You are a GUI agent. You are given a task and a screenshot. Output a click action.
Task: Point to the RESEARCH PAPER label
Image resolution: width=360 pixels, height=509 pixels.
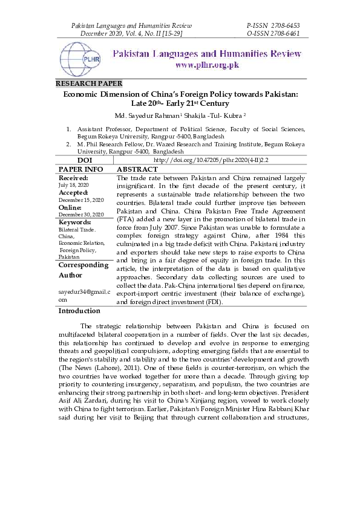[89, 83]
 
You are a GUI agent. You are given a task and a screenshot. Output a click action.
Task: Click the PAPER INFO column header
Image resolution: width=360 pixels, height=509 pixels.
[81, 169]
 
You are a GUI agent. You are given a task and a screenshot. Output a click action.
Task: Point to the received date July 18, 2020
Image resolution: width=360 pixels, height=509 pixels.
[73, 185]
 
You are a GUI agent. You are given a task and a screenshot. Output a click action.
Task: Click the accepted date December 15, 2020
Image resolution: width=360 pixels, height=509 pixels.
[81, 199]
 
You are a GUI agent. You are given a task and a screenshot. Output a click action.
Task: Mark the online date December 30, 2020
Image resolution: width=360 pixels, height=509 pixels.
[81, 214]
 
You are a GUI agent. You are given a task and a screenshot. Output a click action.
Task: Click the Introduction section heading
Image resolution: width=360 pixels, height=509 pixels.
[79, 311]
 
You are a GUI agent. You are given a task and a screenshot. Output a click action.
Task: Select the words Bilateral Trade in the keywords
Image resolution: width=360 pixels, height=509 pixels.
[77, 230]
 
